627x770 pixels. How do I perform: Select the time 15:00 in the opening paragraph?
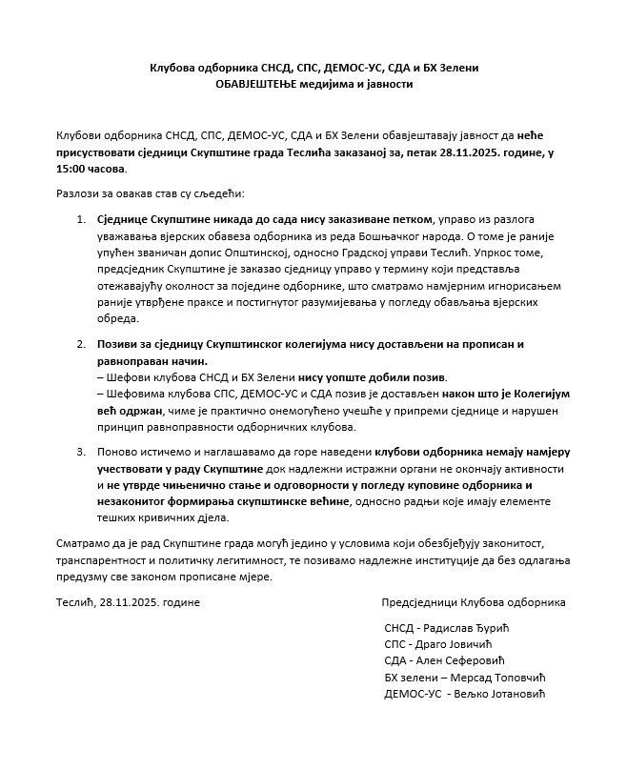[73, 169]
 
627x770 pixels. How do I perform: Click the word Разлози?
[77, 193]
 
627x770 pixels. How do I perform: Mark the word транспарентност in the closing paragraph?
[102, 559]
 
